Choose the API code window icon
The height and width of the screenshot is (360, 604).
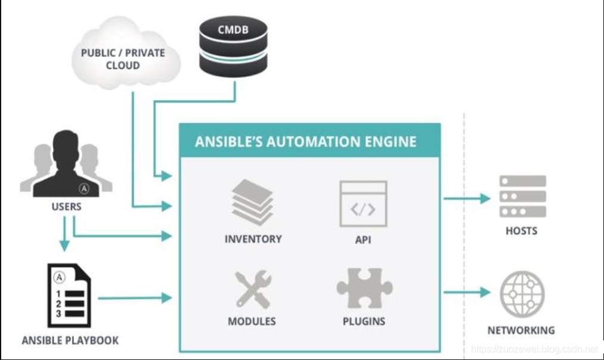(363, 204)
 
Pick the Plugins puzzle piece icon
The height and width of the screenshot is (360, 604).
(364, 290)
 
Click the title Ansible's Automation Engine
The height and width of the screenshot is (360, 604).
(306, 142)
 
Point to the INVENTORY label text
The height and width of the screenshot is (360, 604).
(253, 239)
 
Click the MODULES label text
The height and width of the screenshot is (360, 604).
(252, 321)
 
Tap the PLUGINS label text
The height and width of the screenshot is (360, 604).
(364, 321)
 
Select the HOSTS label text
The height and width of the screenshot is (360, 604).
(521, 231)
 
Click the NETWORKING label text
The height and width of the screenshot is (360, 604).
(521, 330)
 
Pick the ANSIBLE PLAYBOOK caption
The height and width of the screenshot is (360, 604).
(70, 341)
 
